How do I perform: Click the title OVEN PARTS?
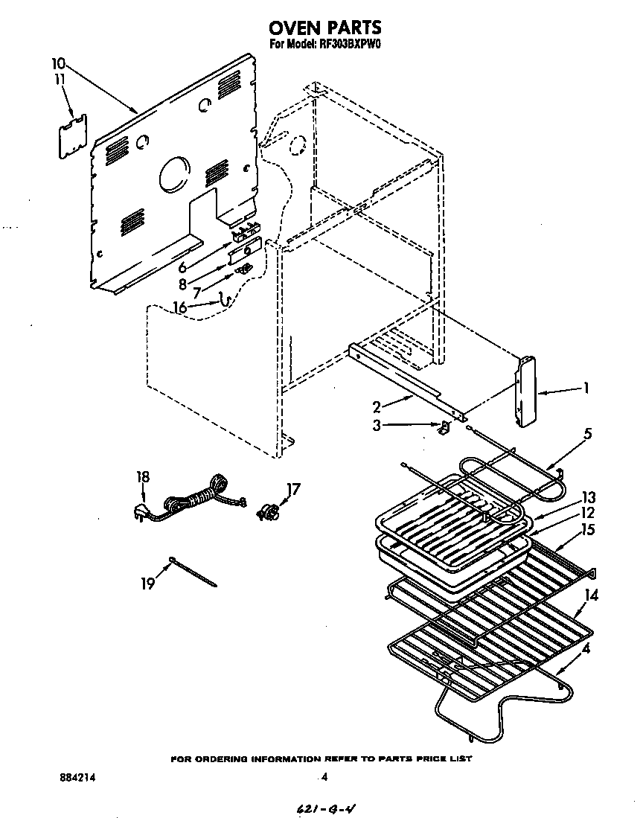tap(324, 28)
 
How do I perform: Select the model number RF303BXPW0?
tap(351, 44)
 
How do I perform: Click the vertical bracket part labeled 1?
tap(526, 392)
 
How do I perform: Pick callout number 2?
tap(377, 406)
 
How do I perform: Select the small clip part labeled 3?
tap(443, 427)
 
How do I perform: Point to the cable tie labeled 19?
tap(193, 571)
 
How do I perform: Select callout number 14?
tap(592, 595)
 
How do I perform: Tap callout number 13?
tap(589, 496)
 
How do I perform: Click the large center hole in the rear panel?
tap(175, 174)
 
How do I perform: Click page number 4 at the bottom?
tap(324, 777)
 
